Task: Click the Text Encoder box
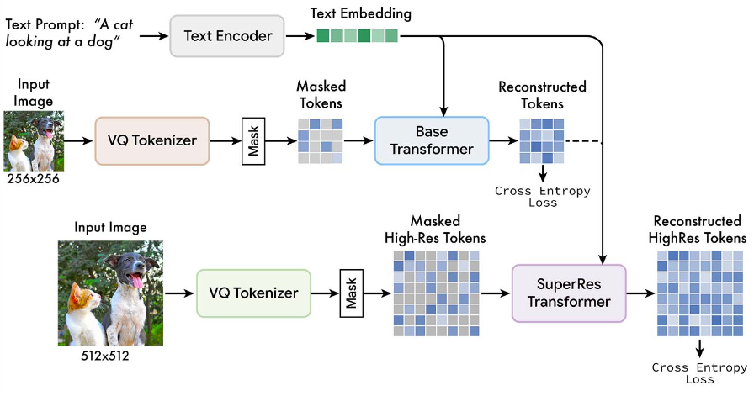tap(227, 36)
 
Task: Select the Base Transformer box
tap(432, 140)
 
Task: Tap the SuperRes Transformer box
tap(569, 293)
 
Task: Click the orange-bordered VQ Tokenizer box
tap(152, 140)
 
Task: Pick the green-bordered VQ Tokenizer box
tap(253, 293)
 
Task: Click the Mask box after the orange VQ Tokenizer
tap(253, 140)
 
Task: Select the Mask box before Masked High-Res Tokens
tap(352, 293)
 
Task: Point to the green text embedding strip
tap(358, 35)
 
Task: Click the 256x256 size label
tap(33, 179)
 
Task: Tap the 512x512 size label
tap(105, 356)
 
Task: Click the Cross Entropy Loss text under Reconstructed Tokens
tap(543, 197)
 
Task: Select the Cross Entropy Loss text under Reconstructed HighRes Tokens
tap(699, 373)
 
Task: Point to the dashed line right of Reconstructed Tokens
tap(584, 141)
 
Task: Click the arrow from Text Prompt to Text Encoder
tap(154, 35)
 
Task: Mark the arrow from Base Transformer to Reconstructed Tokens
tap(504, 140)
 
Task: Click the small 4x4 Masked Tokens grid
tap(321, 141)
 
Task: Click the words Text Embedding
tap(361, 13)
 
